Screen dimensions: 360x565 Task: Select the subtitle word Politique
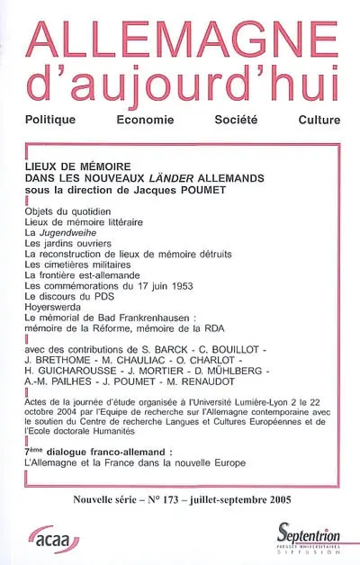point(60,120)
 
